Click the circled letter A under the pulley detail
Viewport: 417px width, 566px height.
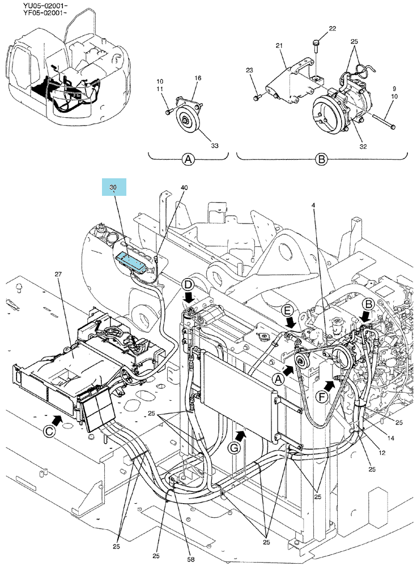188,159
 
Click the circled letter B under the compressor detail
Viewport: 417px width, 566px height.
321,159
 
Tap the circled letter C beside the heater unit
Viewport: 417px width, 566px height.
49,431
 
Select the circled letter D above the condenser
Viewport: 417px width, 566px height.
188,285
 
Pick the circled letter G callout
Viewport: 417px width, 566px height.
234,448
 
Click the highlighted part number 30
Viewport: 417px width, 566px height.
114,187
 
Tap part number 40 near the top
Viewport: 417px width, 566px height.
184,187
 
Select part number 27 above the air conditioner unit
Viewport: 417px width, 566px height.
58,274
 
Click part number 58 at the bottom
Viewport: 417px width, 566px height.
191,560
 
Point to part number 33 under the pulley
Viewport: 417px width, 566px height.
215,145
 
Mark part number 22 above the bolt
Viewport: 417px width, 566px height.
332,28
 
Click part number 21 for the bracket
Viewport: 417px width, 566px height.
279,45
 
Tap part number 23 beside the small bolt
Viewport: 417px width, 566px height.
249,70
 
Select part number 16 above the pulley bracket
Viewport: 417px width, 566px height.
198,78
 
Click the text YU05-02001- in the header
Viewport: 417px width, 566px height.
45,6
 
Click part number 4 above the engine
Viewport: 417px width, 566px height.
313,205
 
